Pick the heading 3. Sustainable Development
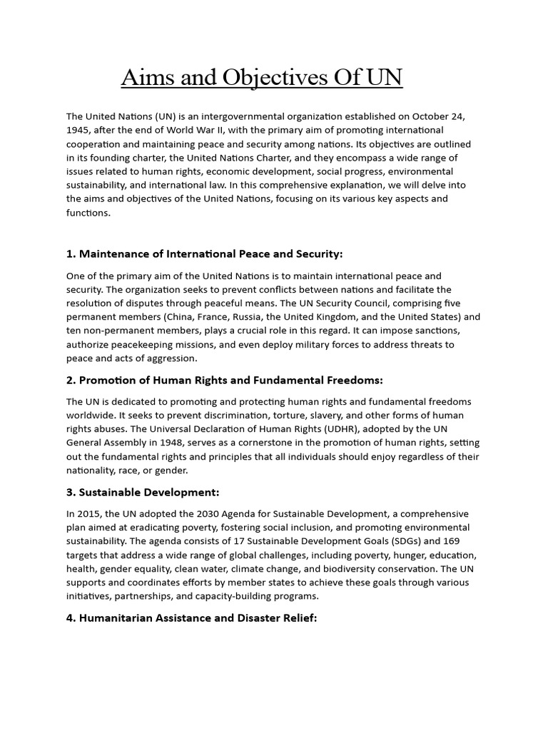pyautogui.click(x=142, y=493)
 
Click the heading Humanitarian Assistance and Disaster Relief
pyautogui.click(x=191, y=618)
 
